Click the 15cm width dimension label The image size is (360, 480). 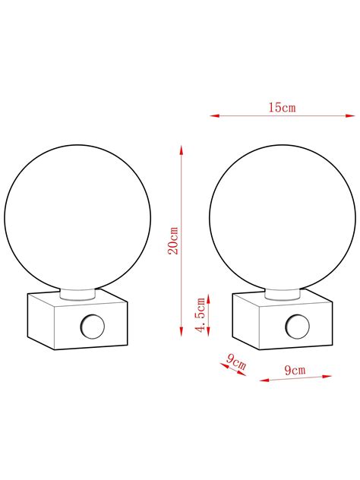283,107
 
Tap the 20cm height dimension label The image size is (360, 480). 173,241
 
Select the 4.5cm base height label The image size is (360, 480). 201,314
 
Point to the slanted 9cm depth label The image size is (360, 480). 236,362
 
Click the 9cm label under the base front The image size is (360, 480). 295,370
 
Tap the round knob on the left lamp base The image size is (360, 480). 92,327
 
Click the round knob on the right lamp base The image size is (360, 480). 297,327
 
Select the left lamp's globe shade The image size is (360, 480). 77,218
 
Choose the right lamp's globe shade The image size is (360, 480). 283,218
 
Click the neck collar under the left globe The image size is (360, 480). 77,294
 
